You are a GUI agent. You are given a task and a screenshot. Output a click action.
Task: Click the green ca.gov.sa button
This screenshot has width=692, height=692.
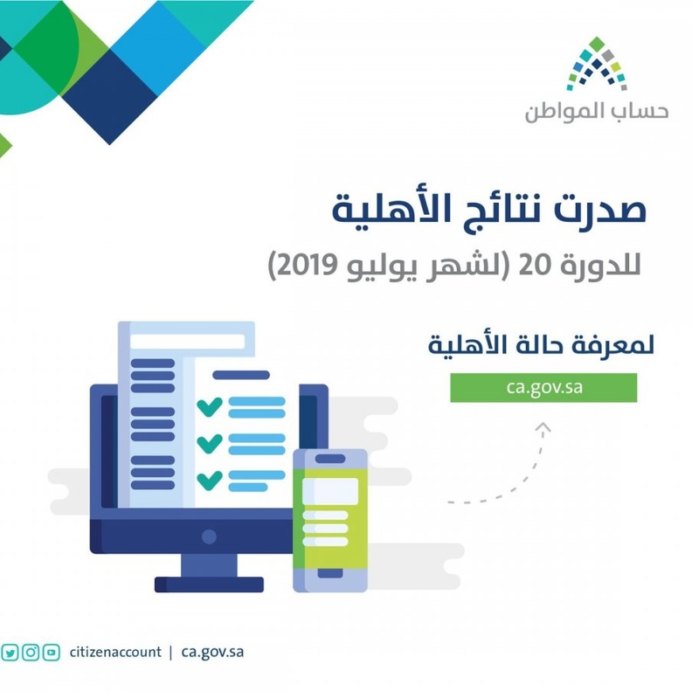coord(543,387)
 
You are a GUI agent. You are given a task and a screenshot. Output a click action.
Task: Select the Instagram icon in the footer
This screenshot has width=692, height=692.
coord(31,652)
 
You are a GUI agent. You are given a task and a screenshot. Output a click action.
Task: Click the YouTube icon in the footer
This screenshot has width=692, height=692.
coord(52,652)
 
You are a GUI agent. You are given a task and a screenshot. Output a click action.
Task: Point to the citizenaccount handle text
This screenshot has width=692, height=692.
coord(114,652)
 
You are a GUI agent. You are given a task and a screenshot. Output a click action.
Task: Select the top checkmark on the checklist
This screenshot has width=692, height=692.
coord(209,406)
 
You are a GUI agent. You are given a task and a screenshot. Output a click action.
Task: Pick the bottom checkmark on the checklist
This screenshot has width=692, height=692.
coord(209,480)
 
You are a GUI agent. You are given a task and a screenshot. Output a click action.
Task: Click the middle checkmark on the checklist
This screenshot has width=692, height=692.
coord(209,443)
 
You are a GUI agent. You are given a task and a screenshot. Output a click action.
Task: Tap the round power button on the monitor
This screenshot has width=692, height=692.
coord(209,536)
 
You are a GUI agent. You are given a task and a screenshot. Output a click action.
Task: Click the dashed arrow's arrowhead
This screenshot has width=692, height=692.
coord(543,426)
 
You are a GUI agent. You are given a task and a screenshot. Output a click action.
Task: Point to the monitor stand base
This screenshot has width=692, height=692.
coord(209,584)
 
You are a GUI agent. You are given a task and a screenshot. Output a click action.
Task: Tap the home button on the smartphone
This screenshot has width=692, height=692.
coord(329,575)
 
